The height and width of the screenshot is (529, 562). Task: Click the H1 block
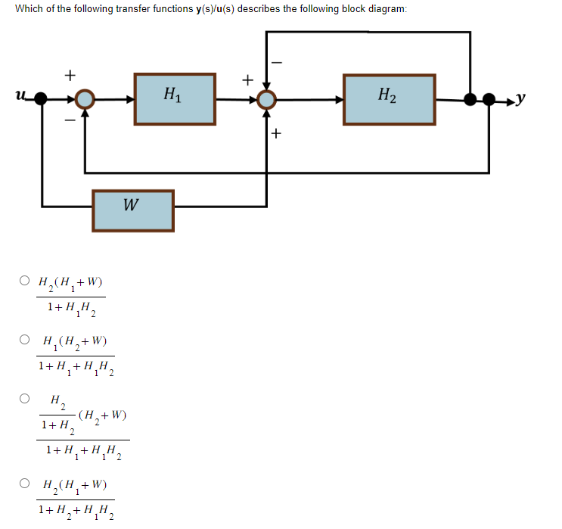[x=173, y=98]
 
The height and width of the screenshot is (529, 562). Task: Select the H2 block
[x=389, y=98]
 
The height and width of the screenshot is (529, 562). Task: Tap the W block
[x=133, y=210]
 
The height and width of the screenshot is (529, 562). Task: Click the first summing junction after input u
[x=85, y=99]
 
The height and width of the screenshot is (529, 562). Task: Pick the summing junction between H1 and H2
[x=265, y=99]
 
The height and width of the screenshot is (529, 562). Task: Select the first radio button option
[x=25, y=282]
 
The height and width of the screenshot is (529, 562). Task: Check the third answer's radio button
[x=25, y=397]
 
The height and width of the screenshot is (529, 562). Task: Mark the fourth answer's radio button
[x=25, y=483]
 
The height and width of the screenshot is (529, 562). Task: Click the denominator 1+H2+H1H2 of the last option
[x=76, y=511]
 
